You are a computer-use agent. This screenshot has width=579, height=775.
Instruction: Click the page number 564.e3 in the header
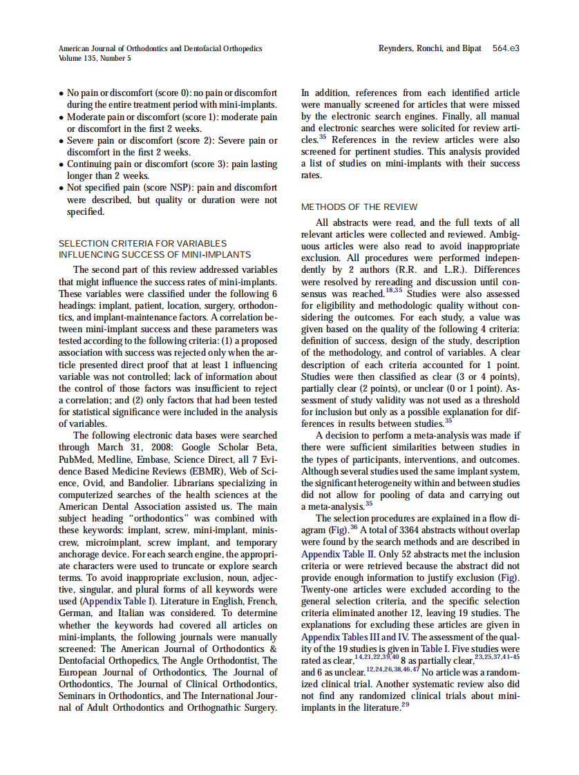(506, 48)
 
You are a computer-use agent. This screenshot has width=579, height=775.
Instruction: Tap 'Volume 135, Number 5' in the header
(95, 58)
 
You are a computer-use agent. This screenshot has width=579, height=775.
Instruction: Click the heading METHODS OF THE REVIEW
(359, 207)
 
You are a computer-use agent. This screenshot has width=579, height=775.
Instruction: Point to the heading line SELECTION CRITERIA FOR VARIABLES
(142, 243)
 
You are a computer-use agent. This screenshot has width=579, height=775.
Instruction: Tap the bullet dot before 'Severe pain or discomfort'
(61, 141)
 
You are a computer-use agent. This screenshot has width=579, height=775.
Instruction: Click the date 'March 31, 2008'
(131, 446)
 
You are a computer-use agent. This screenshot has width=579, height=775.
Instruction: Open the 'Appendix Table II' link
(336, 554)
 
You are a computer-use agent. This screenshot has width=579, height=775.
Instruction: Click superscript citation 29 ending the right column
(405, 705)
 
